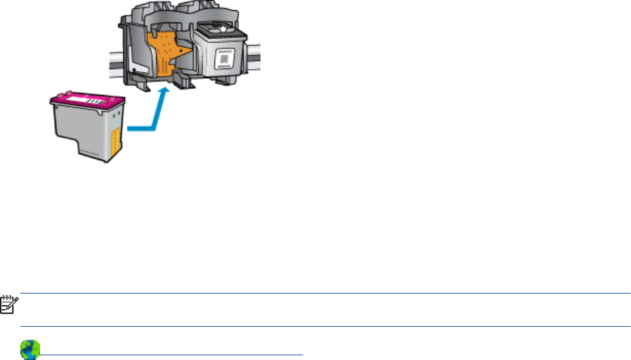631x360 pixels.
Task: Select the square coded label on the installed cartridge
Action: tap(222, 62)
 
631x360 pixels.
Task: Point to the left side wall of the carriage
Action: tap(126, 51)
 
